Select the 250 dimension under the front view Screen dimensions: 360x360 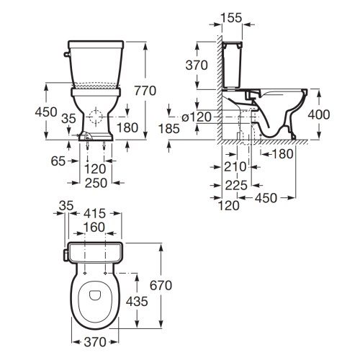coord(96,183)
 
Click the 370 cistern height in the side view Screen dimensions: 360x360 coord(197,66)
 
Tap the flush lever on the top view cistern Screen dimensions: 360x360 coord(66,253)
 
